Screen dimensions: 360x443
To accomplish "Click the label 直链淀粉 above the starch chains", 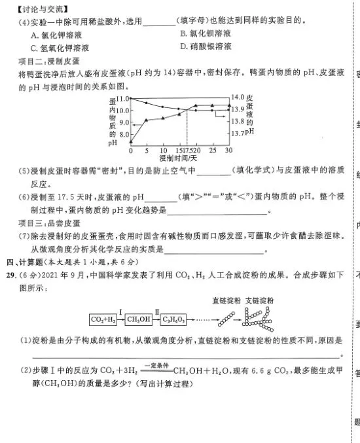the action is (227, 300).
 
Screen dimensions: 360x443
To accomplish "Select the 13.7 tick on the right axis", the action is (240, 133).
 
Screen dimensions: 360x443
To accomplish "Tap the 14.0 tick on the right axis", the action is (240, 97).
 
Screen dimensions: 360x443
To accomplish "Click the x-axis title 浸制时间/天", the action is (178, 159).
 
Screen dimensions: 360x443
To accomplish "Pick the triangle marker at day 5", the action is (147, 120).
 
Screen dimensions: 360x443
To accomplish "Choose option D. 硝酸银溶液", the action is (206, 46).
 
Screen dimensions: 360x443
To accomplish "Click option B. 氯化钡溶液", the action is (206, 33).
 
